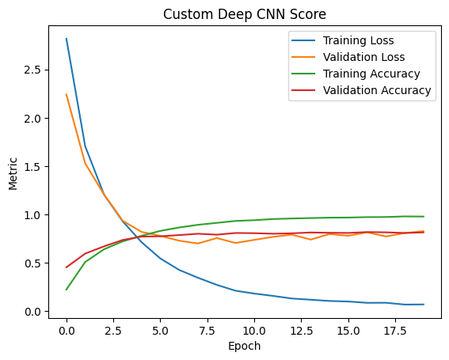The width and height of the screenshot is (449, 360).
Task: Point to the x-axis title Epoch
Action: pyautogui.click(x=245, y=346)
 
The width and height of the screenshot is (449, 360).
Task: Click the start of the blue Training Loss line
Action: pyautogui.click(x=67, y=39)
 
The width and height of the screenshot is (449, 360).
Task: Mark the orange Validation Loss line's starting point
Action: pyautogui.click(x=67, y=95)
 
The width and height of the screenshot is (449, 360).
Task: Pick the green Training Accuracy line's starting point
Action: pyautogui.click(x=67, y=290)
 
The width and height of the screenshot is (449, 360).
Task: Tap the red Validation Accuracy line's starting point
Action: pyautogui.click(x=67, y=267)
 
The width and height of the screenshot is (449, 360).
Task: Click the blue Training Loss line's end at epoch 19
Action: pyautogui.click(x=424, y=305)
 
